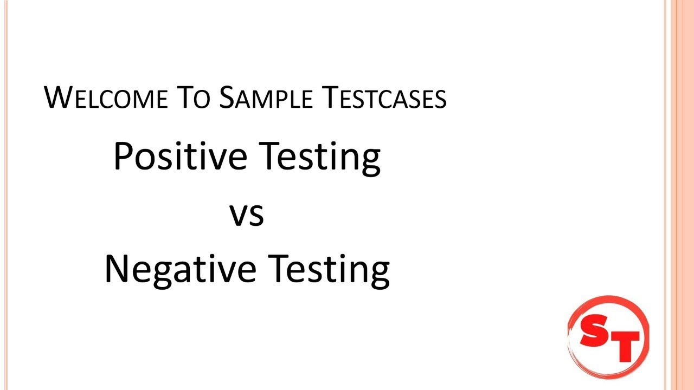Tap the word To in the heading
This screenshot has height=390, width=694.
tap(194, 98)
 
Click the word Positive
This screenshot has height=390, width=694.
tap(180, 157)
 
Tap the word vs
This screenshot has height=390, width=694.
tap(247, 214)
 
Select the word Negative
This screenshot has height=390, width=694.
tap(179, 270)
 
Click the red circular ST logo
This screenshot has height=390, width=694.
tap(608, 336)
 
